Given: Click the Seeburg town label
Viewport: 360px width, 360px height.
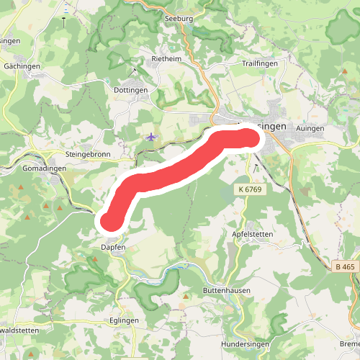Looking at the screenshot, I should pyautogui.click(x=179, y=19).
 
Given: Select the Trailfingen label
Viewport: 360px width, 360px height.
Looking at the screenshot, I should pyautogui.click(x=260, y=63).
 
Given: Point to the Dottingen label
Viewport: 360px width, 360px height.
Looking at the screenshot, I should pyautogui.click(x=130, y=90).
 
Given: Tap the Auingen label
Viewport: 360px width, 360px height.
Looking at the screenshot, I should pyautogui.click(x=310, y=128).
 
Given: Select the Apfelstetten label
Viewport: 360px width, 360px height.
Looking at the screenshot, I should pyautogui.click(x=253, y=235).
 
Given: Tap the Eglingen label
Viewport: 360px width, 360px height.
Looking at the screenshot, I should pyautogui.click(x=124, y=322).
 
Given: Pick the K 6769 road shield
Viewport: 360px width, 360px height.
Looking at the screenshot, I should pyautogui.click(x=248, y=189).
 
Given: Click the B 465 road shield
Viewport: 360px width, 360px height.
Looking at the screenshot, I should pyautogui.click(x=345, y=267).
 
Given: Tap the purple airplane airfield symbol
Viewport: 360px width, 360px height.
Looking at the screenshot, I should pyautogui.click(x=150, y=136).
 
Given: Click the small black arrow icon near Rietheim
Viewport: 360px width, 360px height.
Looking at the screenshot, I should pyautogui.click(x=135, y=70).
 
